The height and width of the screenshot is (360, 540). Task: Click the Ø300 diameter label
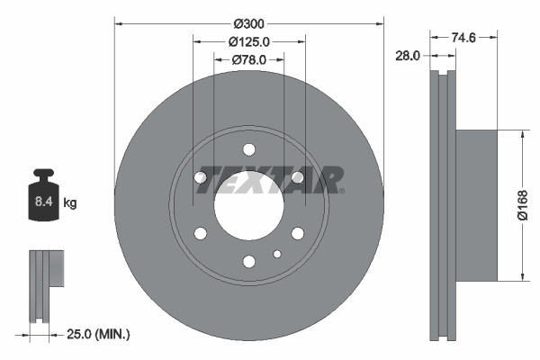[248, 22]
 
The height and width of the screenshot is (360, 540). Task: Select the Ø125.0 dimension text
[248, 41]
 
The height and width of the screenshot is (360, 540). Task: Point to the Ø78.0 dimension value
[248, 59]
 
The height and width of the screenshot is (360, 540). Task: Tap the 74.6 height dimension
[463, 37]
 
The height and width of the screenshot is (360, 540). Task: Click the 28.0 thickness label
[409, 56]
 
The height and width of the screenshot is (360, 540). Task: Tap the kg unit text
[70, 203]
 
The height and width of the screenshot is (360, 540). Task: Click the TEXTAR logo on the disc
[270, 179]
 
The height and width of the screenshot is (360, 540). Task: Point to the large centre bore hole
[248, 206]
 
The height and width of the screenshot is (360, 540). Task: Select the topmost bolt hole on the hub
[249, 149]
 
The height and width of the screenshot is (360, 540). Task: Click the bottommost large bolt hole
[249, 262]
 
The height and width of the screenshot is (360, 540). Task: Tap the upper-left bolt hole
[201, 177]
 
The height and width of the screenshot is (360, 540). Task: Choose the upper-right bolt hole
[298, 177]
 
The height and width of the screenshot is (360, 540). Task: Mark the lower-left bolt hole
[201, 234]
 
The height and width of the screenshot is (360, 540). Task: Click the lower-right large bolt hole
[298, 234]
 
